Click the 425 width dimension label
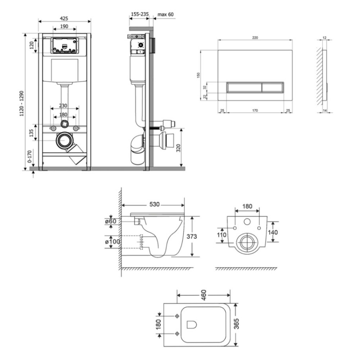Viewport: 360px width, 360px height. [64, 18]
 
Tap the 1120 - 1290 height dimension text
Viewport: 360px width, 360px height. [22, 103]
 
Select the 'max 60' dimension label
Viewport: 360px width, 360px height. [166, 14]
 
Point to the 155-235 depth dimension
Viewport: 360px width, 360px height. [140, 14]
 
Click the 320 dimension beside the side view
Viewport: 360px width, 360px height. [179, 148]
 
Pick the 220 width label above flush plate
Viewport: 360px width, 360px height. [255, 38]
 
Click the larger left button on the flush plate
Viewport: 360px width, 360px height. [244, 87]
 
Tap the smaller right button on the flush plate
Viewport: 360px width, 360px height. [273, 87]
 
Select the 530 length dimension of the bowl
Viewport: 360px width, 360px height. [154, 204]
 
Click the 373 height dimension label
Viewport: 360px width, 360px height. [192, 236]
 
